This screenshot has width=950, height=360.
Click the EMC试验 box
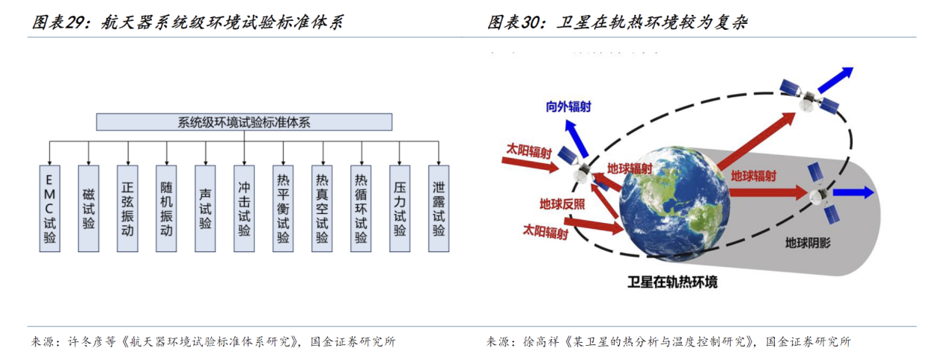[x=49, y=209]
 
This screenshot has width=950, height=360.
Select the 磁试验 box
[x=88, y=209]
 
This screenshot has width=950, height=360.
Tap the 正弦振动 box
[x=128, y=209]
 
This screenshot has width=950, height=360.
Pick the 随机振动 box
[x=166, y=209]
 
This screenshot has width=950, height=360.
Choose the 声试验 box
[x=205, y=209]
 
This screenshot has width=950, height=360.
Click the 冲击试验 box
[x=244, y=209]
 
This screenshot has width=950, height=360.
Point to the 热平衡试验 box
[x=283, y=209]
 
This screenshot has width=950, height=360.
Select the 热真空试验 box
[x=322, y=209]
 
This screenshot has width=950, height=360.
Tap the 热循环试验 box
[x=361, y=209]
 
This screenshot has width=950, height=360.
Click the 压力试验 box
[x=400, y=209]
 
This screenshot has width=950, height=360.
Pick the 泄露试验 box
[x=439, y=209]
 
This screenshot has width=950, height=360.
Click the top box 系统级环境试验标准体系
[x=244, y=122]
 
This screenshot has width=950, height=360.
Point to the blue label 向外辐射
[x=568, y=106]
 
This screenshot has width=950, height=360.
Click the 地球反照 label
[x=562, y=204]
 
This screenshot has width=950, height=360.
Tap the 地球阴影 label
[x=808, y=243]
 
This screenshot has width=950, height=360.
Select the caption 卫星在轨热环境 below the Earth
[x=672, y=282]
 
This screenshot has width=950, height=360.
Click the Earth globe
[x=675, y=202]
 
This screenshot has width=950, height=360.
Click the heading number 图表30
[x=515, y=22]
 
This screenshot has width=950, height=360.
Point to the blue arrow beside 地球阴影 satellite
[x=853, y=193]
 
